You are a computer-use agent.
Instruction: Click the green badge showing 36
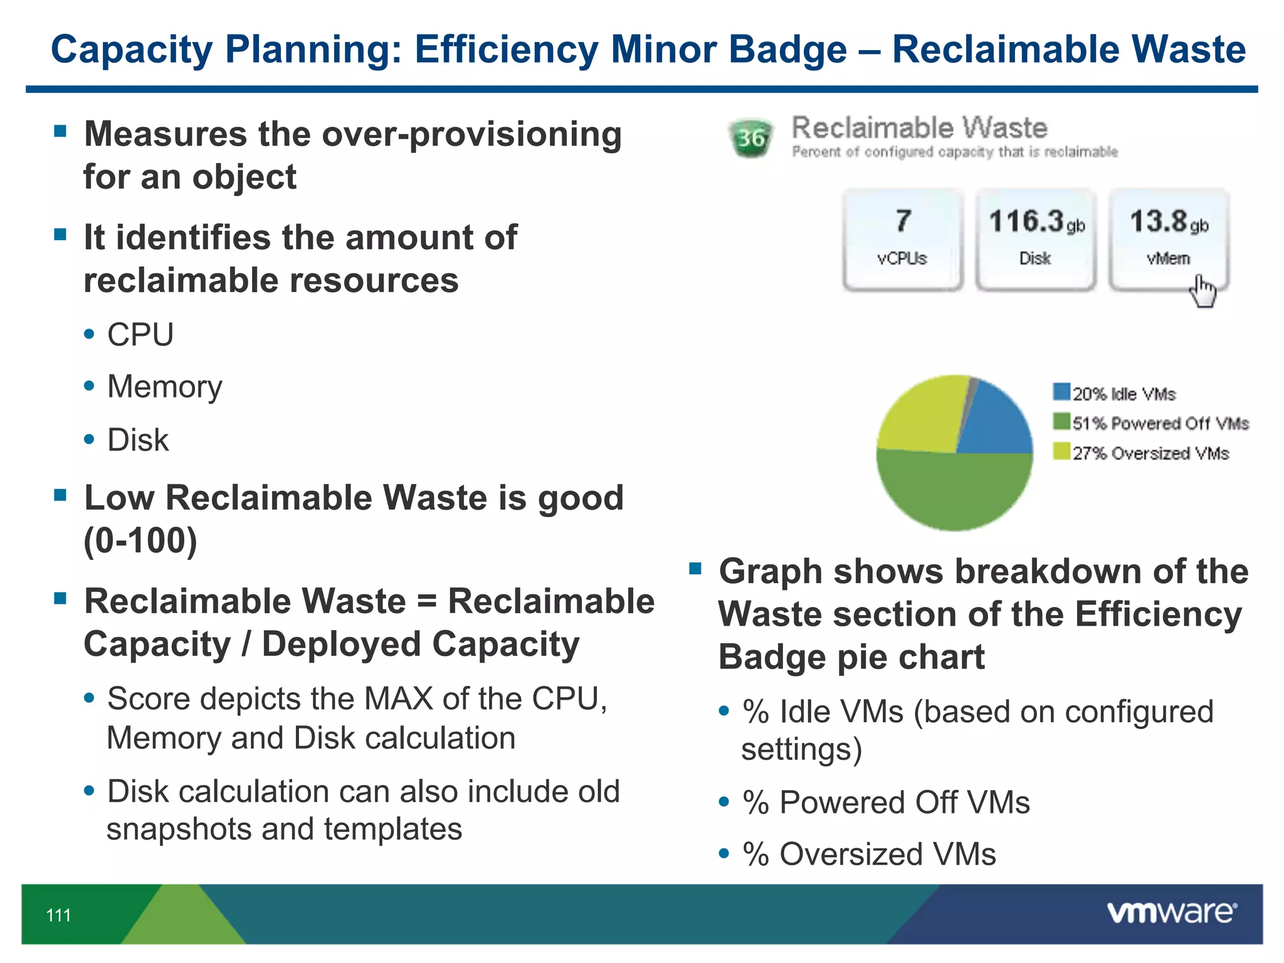[750, 137]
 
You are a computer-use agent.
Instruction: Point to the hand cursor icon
[1202, 292]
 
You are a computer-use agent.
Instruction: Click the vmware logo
[1171, 913]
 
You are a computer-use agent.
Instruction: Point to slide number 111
[58, 915]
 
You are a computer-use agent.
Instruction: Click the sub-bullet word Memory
[164, 387]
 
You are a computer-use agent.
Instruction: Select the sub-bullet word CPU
[140, 334]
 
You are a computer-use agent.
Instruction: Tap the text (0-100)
[140, 540]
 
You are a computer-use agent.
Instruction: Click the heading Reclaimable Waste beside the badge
[919, 128]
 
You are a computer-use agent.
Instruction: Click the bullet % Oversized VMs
[869, 855]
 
